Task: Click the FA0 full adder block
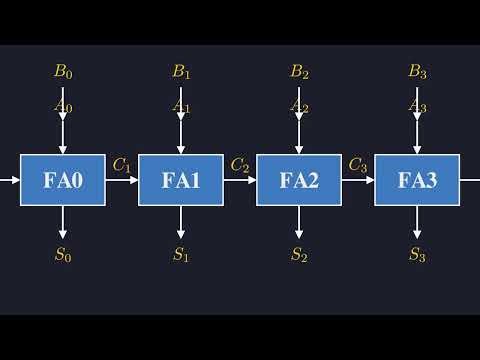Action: point(63,180)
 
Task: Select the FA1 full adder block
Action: point(181,180)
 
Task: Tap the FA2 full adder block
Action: point(299,180)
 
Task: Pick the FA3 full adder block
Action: point(417,180)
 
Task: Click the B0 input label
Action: point(63,72)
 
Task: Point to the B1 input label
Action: point(181,72)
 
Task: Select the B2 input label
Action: point(299,72)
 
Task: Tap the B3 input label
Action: point(417,72)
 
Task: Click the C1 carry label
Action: point(122,165)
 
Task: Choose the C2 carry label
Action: point(240,165)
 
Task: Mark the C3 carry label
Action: point(358,165)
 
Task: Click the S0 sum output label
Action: point(63,254)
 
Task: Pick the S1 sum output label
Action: point(181,254)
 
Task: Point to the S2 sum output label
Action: point(299,254)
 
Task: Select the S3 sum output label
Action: point(417,254)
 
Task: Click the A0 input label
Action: point(63,104)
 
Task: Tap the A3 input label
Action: point(417,104)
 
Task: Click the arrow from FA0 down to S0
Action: point(63,222)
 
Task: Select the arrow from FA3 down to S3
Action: point(417,222)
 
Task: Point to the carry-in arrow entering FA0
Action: point(10,180)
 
